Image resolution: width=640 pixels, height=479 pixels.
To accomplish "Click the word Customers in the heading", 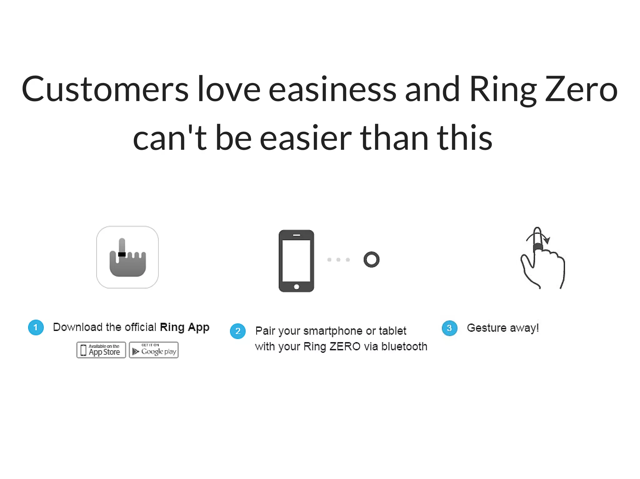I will click(x=105, y=90).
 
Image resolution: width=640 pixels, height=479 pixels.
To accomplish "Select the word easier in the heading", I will click(x=306, y=138).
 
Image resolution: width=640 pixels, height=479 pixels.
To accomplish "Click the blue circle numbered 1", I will click(x=36, y=327).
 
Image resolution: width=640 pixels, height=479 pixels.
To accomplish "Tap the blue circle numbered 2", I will click(x=238, y=331).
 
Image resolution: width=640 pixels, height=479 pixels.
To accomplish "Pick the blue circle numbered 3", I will click(x=449, y=328).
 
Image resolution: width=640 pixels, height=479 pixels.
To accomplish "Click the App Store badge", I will click(x=101, y=350).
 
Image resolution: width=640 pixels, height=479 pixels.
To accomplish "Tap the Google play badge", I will click(x=154, y=350).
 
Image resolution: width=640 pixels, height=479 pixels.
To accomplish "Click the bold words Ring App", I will click(x=184, y=327).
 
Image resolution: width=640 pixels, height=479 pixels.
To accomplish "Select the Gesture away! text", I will click(x=502, y=328).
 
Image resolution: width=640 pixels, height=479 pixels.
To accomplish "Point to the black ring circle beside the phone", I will click(x=372, y=259).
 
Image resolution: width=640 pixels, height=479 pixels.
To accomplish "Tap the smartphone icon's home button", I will click(x=297, y=287).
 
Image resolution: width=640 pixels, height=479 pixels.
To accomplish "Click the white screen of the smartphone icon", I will click(x=296, y=260).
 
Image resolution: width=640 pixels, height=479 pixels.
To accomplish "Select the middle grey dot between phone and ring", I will click(x=338, y=259).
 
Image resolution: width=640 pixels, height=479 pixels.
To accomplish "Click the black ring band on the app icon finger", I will click(x=122, y=254).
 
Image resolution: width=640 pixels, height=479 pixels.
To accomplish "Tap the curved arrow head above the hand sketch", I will click(x=547, y=240).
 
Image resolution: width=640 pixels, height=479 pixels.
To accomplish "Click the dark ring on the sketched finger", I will click(x=538, y=247).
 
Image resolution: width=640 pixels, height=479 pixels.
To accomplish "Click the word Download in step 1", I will click(x=78, y=327).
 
